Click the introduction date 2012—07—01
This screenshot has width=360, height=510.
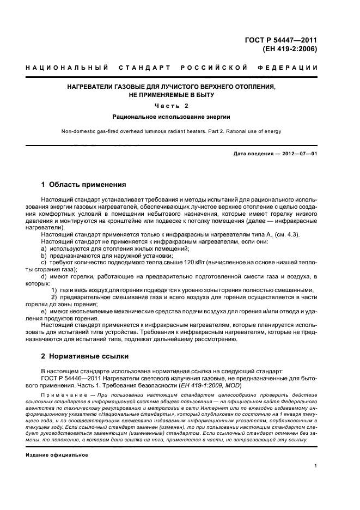tap(298, 154)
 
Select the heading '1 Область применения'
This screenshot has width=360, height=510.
tap(84, 185)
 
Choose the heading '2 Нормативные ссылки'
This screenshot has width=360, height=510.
tap(85, 356)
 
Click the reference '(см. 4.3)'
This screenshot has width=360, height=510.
tap(298, 234)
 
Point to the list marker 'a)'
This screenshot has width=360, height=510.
tap(44, 248)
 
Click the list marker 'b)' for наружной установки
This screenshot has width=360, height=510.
tap(44, 256)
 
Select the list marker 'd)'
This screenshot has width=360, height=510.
tap(44, 277)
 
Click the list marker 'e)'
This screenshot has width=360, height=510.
tap(44, 311)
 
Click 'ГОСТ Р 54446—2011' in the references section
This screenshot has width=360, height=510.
tap(71, 379)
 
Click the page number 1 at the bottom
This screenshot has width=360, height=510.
tap(316, 466)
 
